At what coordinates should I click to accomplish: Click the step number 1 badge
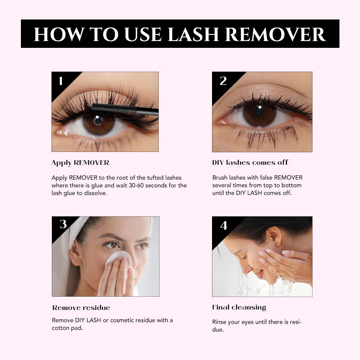(60, 81)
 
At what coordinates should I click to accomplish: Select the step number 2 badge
(223, 81)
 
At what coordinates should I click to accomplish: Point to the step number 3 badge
(63, 224)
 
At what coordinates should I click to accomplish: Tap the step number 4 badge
(224, 226)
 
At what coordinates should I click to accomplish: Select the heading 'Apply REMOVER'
(80, 163)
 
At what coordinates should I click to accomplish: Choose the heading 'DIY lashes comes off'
(250, 163)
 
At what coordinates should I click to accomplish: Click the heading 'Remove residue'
(81, 308)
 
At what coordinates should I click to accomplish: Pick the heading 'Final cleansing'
(239, 307)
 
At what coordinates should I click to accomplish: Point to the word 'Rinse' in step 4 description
(220, 322)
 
